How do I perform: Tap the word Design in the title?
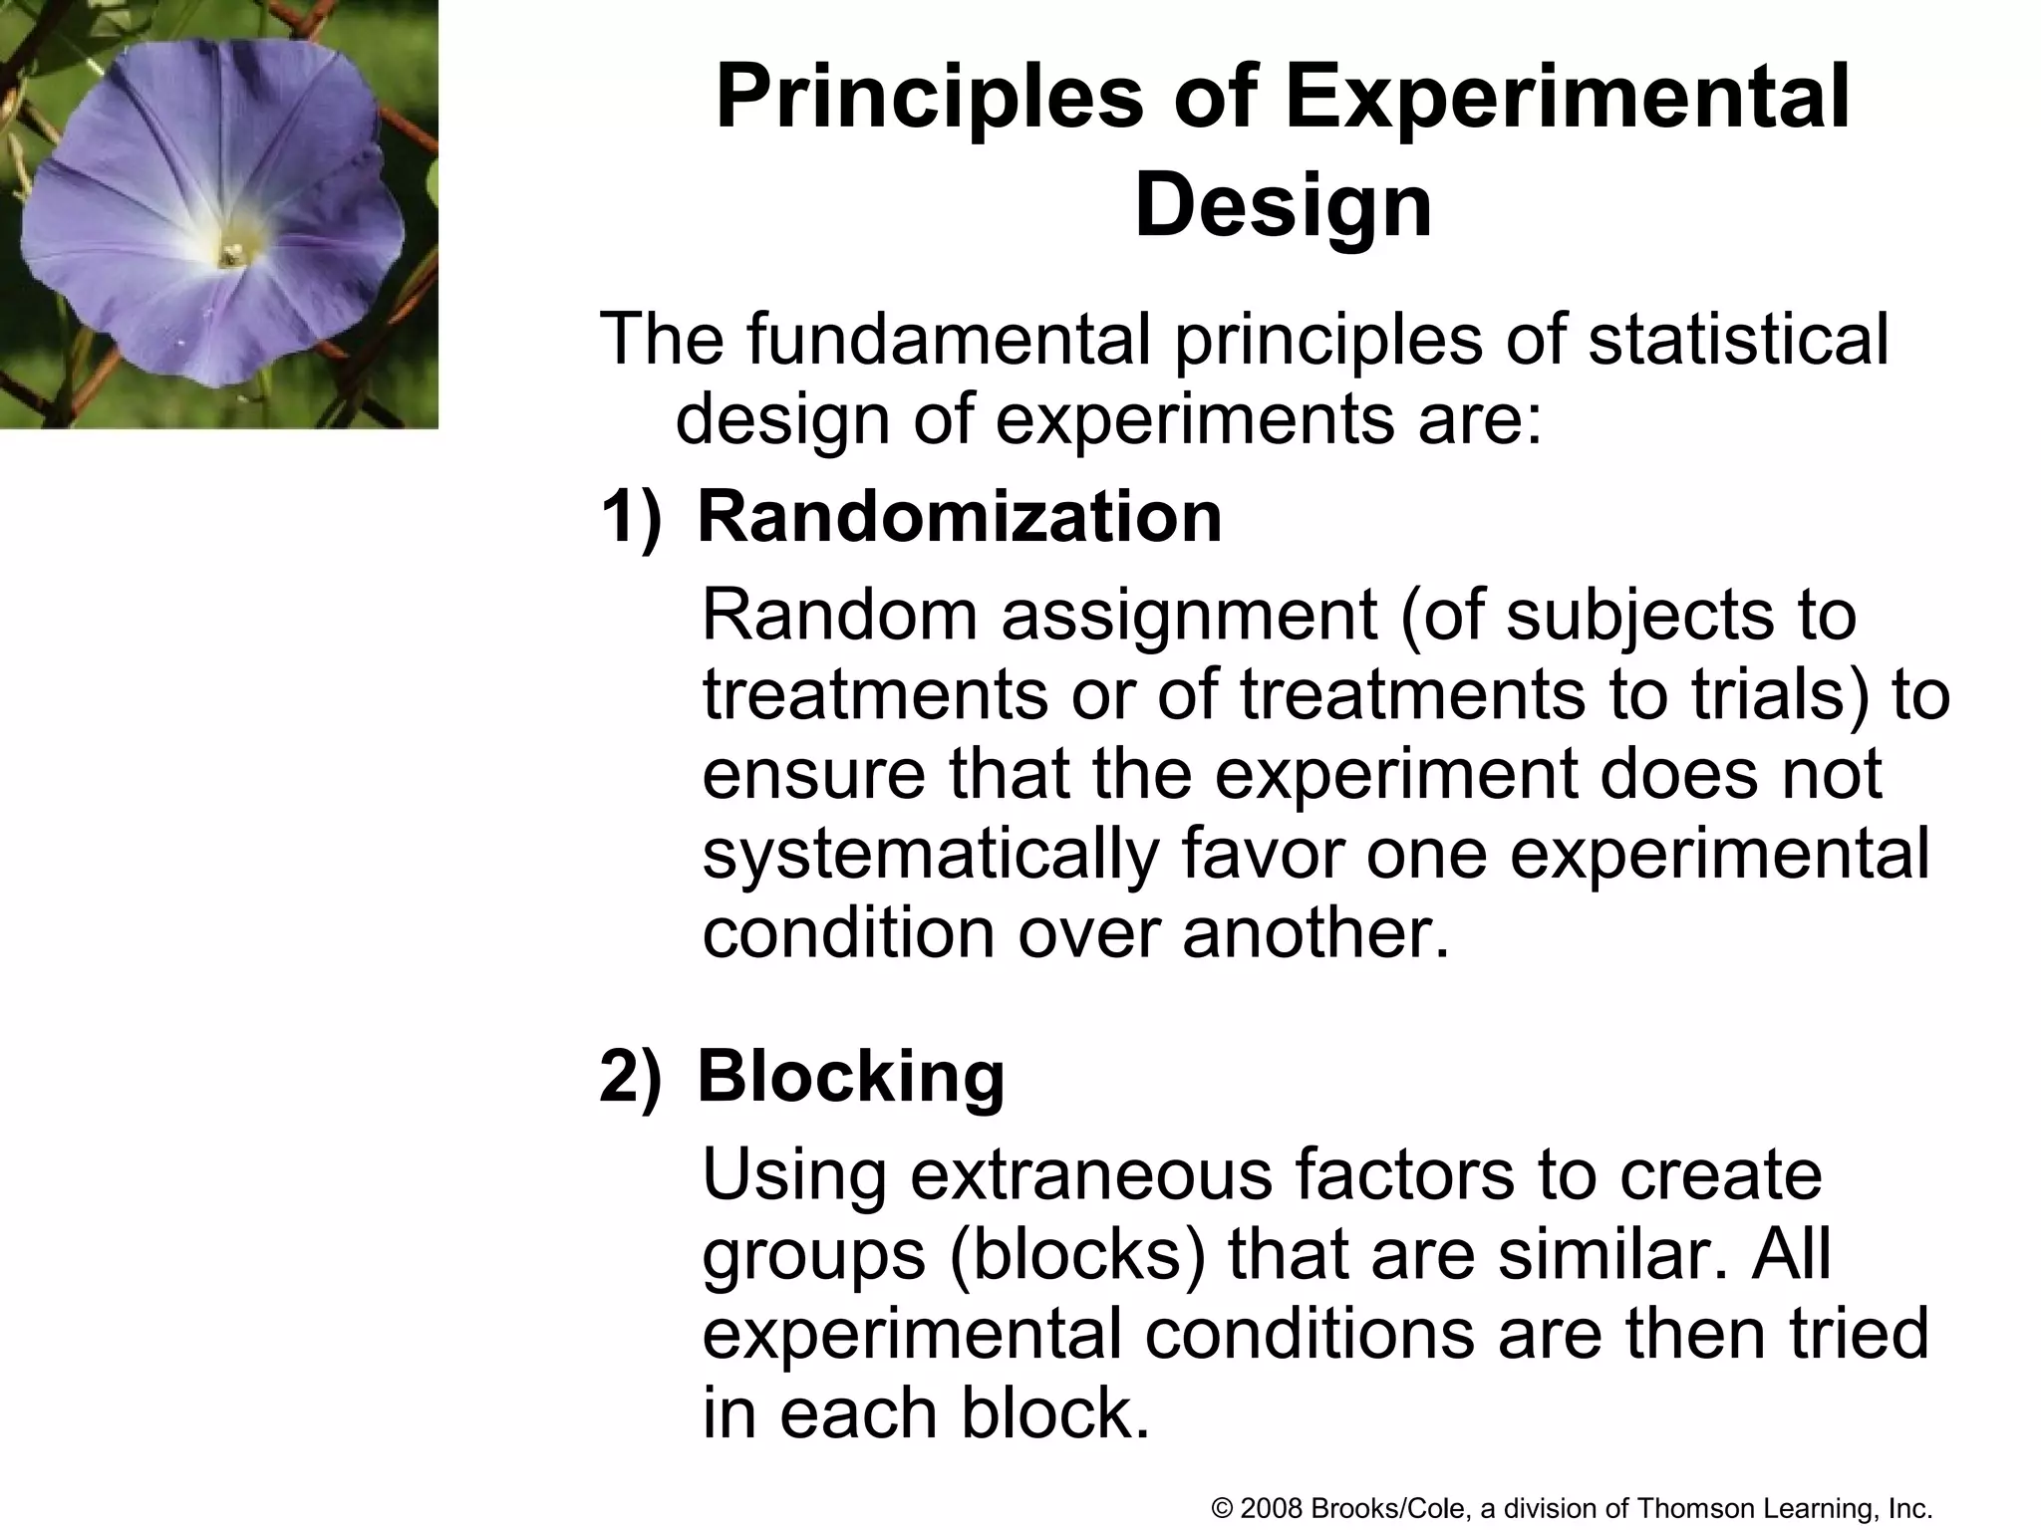pos(1283,206)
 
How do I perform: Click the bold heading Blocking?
pos(850,1077)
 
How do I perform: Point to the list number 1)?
pos(630,518)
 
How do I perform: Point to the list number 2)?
pos(630,1078)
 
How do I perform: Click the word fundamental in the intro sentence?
pos(948,339)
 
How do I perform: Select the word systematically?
pos(930,855)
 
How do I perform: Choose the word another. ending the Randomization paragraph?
pos(1315,933)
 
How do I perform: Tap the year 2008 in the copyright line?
pos(1273,1508)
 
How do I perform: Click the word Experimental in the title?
pos(1567,98)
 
